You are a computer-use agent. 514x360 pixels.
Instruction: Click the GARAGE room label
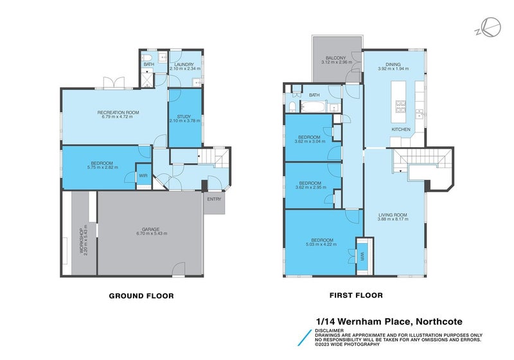[x=150, y=229]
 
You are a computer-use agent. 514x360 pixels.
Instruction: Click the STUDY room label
[x=184, y=116]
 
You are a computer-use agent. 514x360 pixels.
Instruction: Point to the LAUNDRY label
[x=184, y=64]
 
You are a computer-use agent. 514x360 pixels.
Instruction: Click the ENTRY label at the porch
[x=214, y=199]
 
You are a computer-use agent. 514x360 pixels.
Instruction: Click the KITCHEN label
[x=401, y=130]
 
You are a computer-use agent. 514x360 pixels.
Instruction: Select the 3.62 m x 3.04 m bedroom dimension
[x=310, y=141]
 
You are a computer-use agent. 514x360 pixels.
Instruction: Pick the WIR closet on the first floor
[x=362, y=255]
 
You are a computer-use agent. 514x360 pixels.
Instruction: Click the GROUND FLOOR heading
[x=141, y=296]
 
